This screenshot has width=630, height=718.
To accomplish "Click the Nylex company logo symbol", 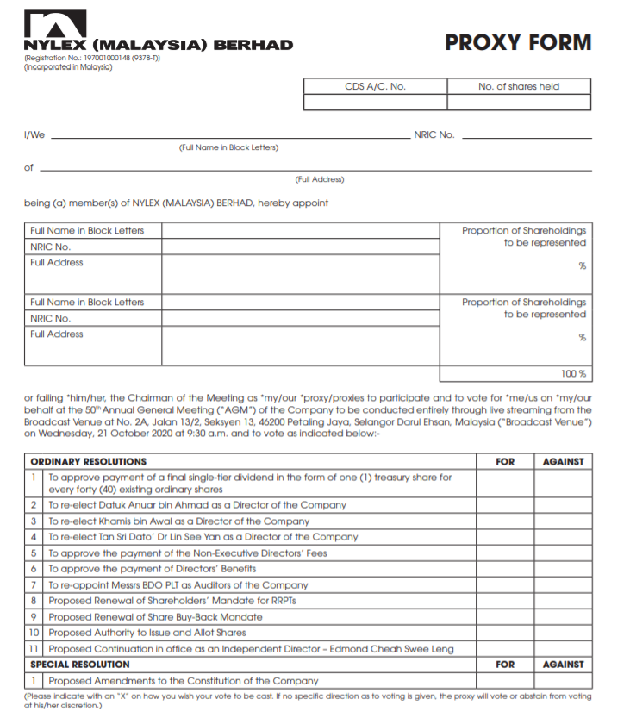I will tap(55, 23).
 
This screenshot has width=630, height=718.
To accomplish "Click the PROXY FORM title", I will tap(518, 42).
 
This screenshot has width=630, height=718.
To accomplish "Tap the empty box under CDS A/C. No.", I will tap(375, 102).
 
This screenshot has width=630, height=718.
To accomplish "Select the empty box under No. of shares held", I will tap(519, 102).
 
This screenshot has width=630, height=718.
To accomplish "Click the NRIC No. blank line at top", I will tap(527, 134).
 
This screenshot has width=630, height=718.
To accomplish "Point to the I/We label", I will tap(34, 135).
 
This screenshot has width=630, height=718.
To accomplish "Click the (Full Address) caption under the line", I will tap(319, 179).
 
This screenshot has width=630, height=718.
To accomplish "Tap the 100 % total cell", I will tap(515, 373).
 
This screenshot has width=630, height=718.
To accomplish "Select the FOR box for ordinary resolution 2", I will tap(505, 505).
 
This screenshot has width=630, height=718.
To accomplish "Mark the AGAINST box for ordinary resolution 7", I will tap(563, 585).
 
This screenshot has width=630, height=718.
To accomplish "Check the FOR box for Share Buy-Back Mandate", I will tap(505, 617).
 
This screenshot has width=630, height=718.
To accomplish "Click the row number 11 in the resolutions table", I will tap(34, 649).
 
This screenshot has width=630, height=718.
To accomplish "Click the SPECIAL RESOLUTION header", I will tap(80, 665).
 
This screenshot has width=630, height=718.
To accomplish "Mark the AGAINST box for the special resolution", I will tap(563, 681).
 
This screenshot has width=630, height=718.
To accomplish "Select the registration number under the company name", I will tap(92, 58).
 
